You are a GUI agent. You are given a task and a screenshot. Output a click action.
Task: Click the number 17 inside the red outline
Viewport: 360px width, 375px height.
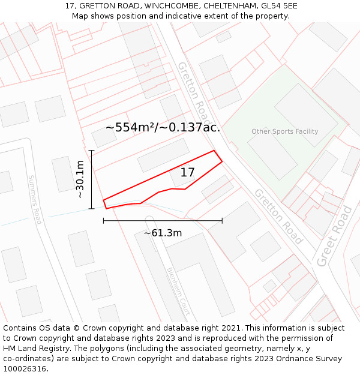click(x=187, y=173)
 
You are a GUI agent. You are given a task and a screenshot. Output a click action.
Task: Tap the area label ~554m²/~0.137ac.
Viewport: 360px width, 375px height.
click(x=163, y=127)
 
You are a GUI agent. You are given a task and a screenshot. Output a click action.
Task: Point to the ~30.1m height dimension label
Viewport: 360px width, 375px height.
click(x=80, y=179)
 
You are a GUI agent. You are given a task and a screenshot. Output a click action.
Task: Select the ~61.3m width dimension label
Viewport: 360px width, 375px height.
click(x=163, y=233)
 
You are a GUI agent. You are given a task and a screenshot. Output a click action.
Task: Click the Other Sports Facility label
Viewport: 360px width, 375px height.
click(x=285, y=131)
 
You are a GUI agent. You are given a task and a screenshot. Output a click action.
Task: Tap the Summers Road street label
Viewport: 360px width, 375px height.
click(x=35, y=199)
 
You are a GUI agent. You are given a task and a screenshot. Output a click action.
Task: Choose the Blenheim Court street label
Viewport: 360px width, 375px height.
click(x=178, y=291)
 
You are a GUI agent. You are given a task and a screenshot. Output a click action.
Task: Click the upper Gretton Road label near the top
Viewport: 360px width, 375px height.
click(x=195, y=91)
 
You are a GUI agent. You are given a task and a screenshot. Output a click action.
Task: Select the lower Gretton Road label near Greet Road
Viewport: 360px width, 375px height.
click(x=278, y=216)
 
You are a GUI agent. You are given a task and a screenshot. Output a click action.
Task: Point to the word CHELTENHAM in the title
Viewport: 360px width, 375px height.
click(x=229, y=6)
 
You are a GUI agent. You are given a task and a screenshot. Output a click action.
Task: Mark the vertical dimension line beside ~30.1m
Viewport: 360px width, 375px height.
click(x=92, y=179)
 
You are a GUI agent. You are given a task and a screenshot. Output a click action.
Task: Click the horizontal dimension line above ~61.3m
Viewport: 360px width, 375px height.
click(x=163, y=221)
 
